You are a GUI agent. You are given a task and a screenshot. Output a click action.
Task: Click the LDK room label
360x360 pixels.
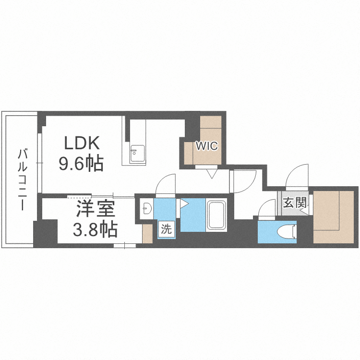[82, 143]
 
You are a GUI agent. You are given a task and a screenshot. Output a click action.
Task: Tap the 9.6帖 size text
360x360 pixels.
[81, 164]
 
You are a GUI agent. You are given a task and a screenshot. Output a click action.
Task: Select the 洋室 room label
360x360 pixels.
[96, 209]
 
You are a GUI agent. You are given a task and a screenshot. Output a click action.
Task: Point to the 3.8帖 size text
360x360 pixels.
[96, 229]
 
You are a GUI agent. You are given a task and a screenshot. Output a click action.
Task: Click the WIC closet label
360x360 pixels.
[206, 146]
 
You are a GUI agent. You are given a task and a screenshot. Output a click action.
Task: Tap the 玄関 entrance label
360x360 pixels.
[295, 203]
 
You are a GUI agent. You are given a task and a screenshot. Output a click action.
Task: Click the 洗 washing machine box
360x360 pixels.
[166, 229]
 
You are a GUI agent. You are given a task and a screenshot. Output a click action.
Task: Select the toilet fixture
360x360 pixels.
[287, 231]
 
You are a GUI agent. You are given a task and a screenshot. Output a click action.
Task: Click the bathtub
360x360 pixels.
[216, 215]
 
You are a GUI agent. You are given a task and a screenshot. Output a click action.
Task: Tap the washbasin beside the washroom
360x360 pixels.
[146, 208]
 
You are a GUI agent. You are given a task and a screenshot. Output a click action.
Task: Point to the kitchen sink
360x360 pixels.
[138, 154]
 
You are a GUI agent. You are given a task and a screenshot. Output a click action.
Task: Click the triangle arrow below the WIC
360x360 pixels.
[212, 174]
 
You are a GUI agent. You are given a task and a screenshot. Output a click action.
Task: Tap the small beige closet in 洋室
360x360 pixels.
[147, 233]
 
